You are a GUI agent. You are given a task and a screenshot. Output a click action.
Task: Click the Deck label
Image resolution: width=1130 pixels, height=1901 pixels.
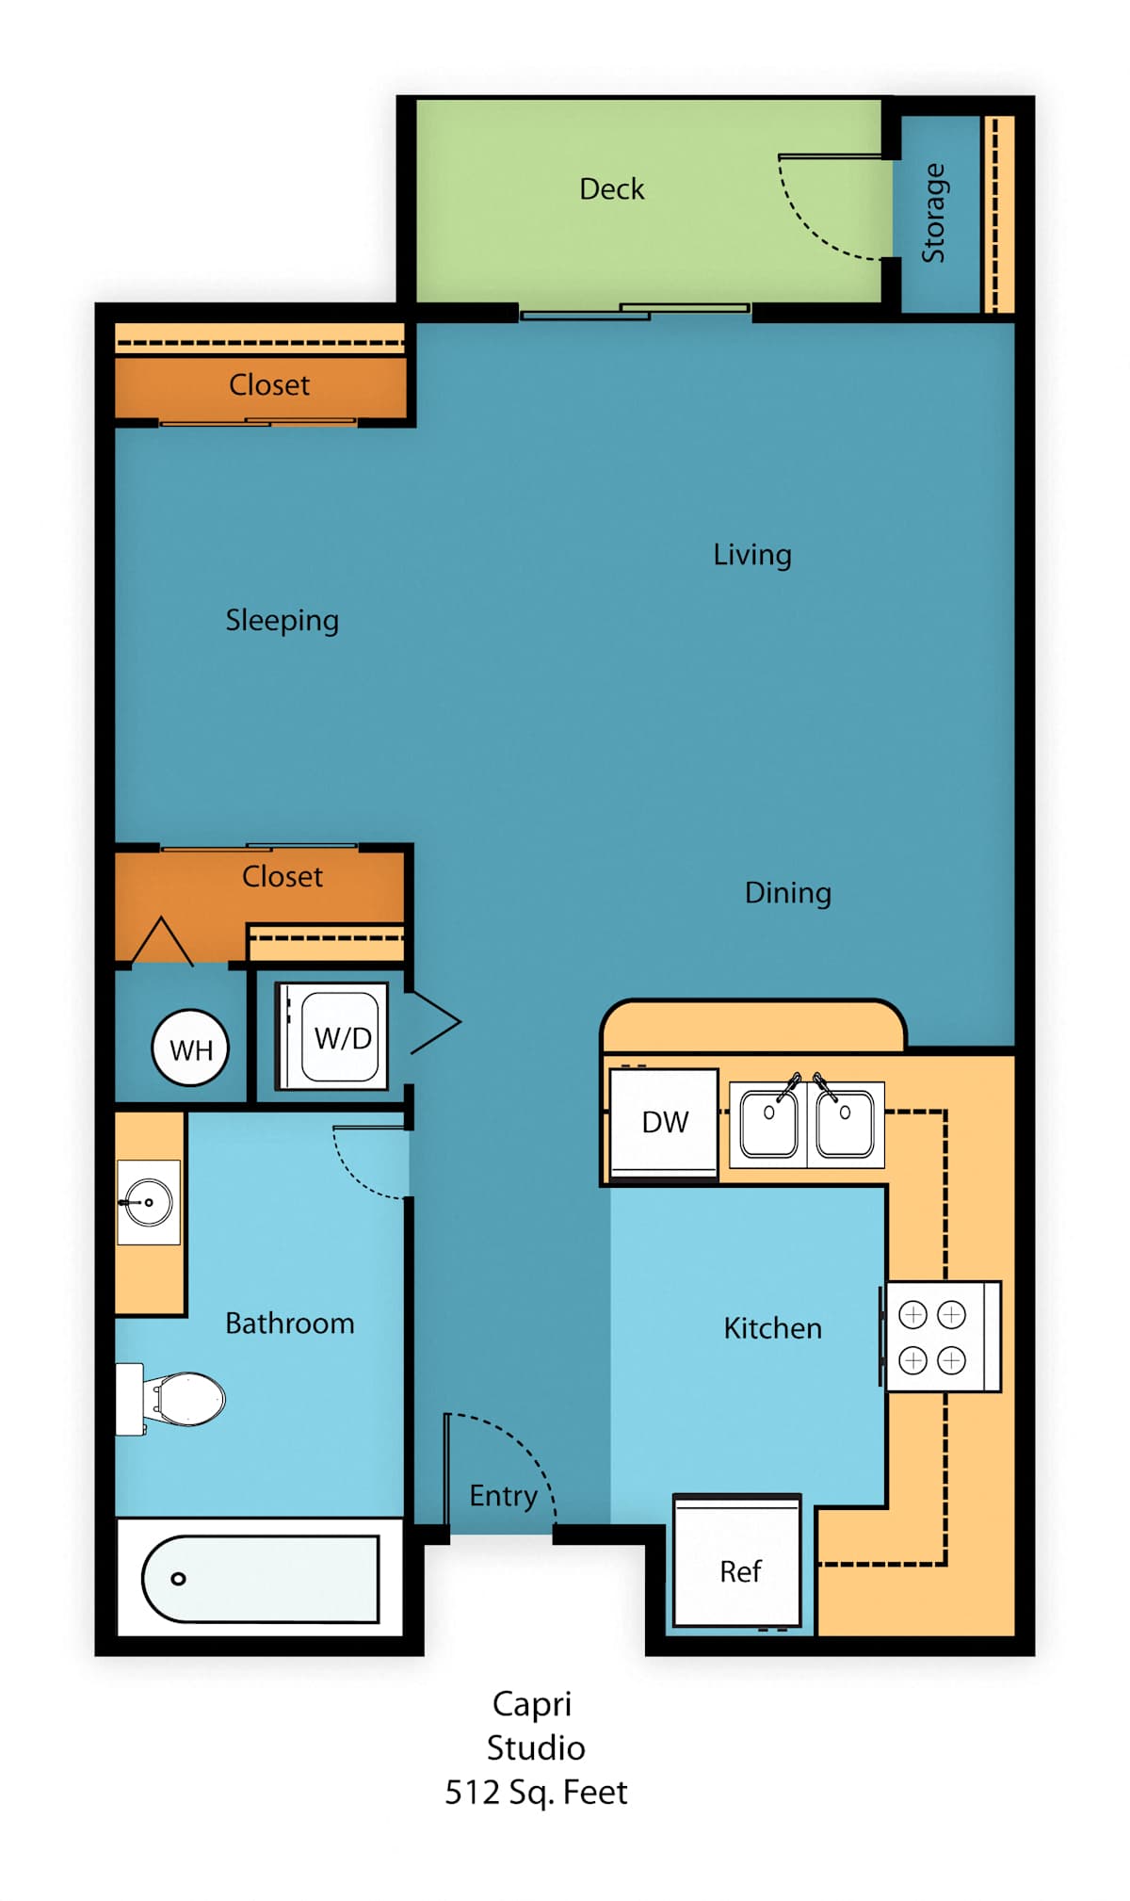coord(612,189)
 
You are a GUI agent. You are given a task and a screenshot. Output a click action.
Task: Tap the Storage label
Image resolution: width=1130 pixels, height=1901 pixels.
coord(933,213)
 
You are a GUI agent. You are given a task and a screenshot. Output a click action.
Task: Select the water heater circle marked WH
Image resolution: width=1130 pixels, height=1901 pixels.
coord(190,1048)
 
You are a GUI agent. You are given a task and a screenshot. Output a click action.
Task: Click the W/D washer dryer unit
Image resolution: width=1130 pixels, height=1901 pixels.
coord(331,1036)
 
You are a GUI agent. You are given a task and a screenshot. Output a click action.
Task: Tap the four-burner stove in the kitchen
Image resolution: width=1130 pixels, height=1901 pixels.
coord(942,1337)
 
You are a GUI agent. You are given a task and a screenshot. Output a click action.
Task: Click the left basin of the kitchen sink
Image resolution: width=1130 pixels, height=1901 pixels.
coord(768,1123)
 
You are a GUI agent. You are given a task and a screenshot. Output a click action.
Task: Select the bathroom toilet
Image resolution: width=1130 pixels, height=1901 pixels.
coord(170,1399)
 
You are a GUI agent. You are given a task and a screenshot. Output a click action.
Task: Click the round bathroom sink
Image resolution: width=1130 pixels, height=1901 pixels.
coord(149,1202)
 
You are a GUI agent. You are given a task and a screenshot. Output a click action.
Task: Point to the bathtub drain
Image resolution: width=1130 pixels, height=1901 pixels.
coord(178,1579)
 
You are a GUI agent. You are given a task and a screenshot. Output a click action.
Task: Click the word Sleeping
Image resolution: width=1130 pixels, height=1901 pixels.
coord(282,621)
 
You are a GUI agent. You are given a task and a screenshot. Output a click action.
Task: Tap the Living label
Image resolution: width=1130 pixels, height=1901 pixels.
coord(752,555)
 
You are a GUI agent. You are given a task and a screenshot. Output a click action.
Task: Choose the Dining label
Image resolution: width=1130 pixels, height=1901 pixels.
coord(788,893)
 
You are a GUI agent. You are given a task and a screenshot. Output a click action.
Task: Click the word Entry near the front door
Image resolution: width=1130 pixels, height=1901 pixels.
coord(504,1496)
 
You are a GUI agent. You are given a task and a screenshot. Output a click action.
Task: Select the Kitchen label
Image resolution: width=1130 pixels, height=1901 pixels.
coord(773,1328)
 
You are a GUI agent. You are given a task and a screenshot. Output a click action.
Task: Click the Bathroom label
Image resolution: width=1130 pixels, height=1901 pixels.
coord(290,1324)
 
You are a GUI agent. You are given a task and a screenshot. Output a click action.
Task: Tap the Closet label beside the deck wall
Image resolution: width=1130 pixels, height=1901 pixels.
coord(269,385)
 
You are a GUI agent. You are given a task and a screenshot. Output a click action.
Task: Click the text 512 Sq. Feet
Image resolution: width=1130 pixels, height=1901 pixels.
coord(536,1792)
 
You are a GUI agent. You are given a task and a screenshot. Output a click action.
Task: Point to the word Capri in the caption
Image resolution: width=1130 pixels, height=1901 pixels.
coord(532,1705)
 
